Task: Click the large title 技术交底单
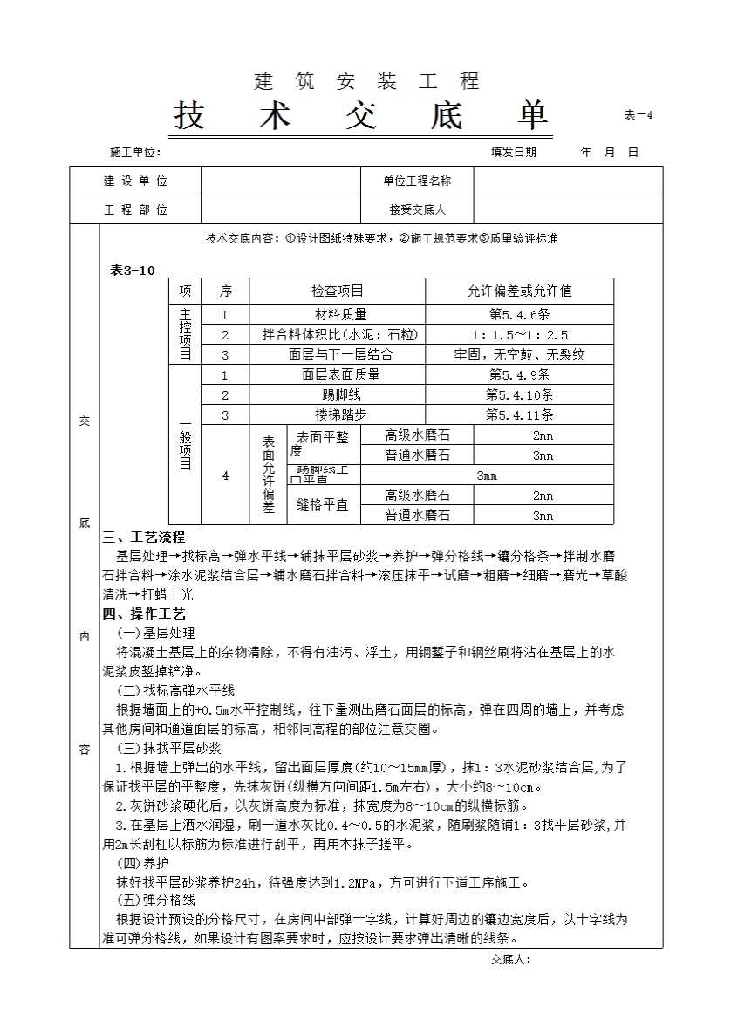(361, 116)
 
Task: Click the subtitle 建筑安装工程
(366, 82)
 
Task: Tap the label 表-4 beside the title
(639, 115)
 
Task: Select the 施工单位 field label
(135, 152)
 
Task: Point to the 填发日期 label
(514, 152)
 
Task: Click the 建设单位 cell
(135, 182)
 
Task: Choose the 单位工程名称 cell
(417, 182)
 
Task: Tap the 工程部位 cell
(135, 209)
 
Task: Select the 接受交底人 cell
(417, 209)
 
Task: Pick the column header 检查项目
(338, 291)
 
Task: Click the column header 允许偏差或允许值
(519, 291)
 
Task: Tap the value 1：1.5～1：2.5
(519, 335)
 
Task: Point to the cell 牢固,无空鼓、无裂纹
(519, 355)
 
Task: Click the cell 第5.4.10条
(519, 394)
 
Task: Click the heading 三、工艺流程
(144, 538)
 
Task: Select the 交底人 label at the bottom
(510, 959)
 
